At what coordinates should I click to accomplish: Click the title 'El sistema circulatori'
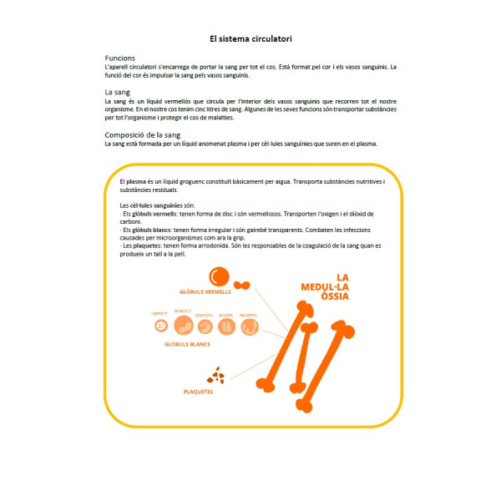pyautogui.click(x=250, y=38)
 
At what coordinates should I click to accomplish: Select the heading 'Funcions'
pyautogui.click(x=119, y=58)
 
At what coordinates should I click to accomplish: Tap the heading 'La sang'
pyautogui.click(x=117, y=92)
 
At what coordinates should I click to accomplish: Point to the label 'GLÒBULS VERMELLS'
pyautogui.click(x=205, y=292)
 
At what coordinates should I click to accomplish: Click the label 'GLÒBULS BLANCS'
pyautogui.click(x=188, y=344)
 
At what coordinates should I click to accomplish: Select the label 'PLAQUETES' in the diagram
pyautogui.click(x=200, y=391)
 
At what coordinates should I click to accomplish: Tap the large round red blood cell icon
pyautogui.click(x=219, y=276)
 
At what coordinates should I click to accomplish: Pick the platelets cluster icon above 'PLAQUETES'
pyautogui.click(x=215, y=375)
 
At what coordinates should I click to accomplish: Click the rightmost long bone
pyautogui.click(x=326, y=367)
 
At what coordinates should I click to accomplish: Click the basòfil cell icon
pyautogui.click(x=226, y=326)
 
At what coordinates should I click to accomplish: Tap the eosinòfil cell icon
pyautogui.click(x=205, y=326)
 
